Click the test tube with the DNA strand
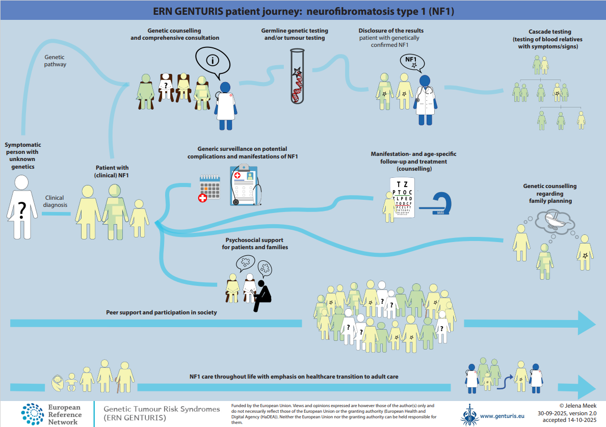pos(297,76)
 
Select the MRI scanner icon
pos(439,203)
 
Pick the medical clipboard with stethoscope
pos(244,185)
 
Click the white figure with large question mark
pos(22,207)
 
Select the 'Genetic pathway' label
pos(55,61)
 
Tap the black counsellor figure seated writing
pos(262,296)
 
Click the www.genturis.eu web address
pos(502,415)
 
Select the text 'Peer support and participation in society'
pos(162,312)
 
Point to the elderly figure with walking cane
pos(124,377)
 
